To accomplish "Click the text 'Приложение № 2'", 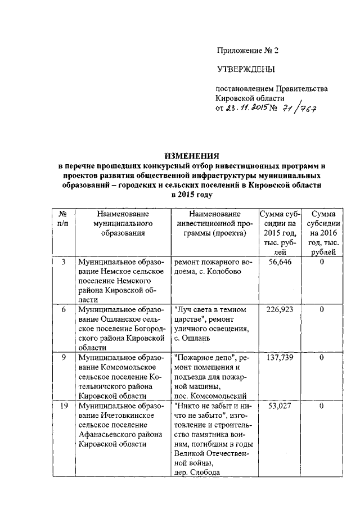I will (247, 50).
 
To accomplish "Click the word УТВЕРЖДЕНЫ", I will (246, 70).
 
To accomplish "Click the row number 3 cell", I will (64, 263).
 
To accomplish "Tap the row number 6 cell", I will (64, 310).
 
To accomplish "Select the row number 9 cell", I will (64, 357).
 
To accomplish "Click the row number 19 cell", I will (64, 405).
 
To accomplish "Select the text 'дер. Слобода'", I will (197, 472).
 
